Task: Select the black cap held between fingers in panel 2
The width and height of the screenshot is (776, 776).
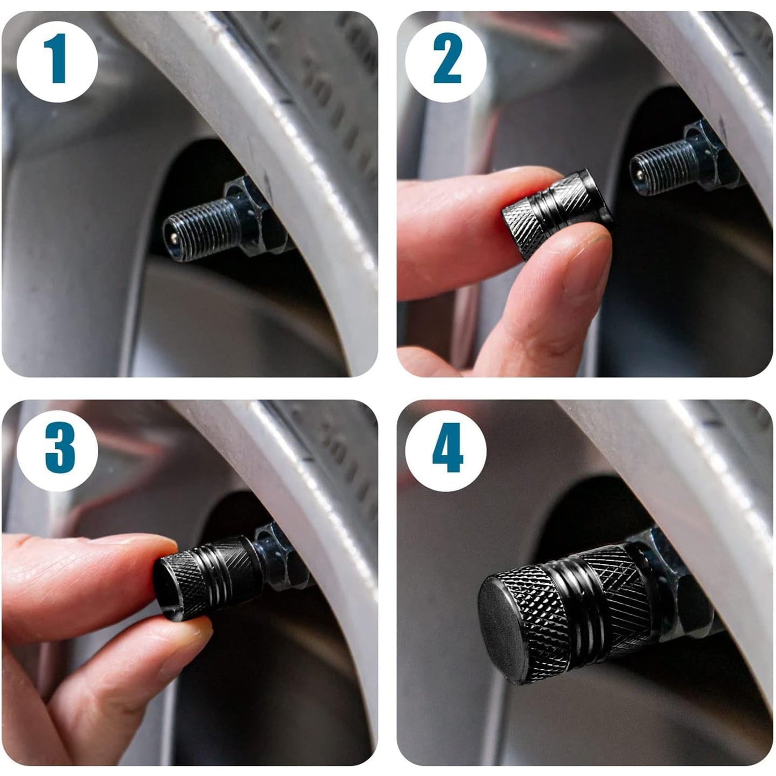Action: tap(556, 212)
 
